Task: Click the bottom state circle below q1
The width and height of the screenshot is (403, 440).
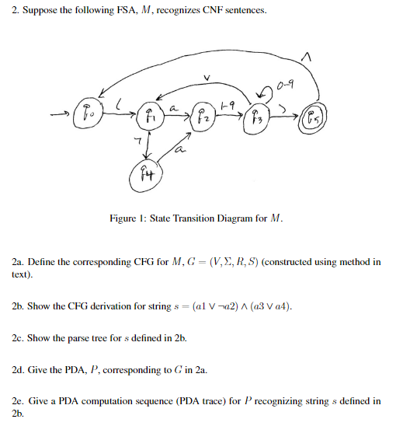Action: (x=148, y=176)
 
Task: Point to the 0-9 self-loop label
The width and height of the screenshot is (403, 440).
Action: (x=285, y=80)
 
